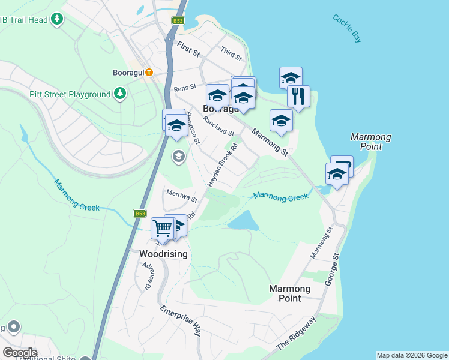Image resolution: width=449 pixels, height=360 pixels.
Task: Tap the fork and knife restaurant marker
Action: (x=298, y=95)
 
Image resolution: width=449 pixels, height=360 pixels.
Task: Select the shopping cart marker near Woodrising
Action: (x=162, y=228)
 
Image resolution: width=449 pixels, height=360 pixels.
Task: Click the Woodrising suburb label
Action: (x=163, y=254)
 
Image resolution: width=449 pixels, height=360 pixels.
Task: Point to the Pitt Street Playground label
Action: (x=70, y=94)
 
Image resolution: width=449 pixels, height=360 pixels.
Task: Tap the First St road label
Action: (x=188, y=49)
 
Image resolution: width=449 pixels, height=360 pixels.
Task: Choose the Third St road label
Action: (x=231, y=54)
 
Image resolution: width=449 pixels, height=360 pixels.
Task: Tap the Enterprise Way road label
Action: (x=181, y=320)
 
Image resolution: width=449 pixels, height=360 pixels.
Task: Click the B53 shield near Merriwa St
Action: (x=140, y=213)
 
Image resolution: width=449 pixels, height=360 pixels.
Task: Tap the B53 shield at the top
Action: (x=178, y=20)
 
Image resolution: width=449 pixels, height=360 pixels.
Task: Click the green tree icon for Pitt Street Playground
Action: (x=120, y=94)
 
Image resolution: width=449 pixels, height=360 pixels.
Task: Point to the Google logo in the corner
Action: (x=19, y=352)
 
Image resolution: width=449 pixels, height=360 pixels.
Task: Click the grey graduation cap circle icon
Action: (x=178, y=157)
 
